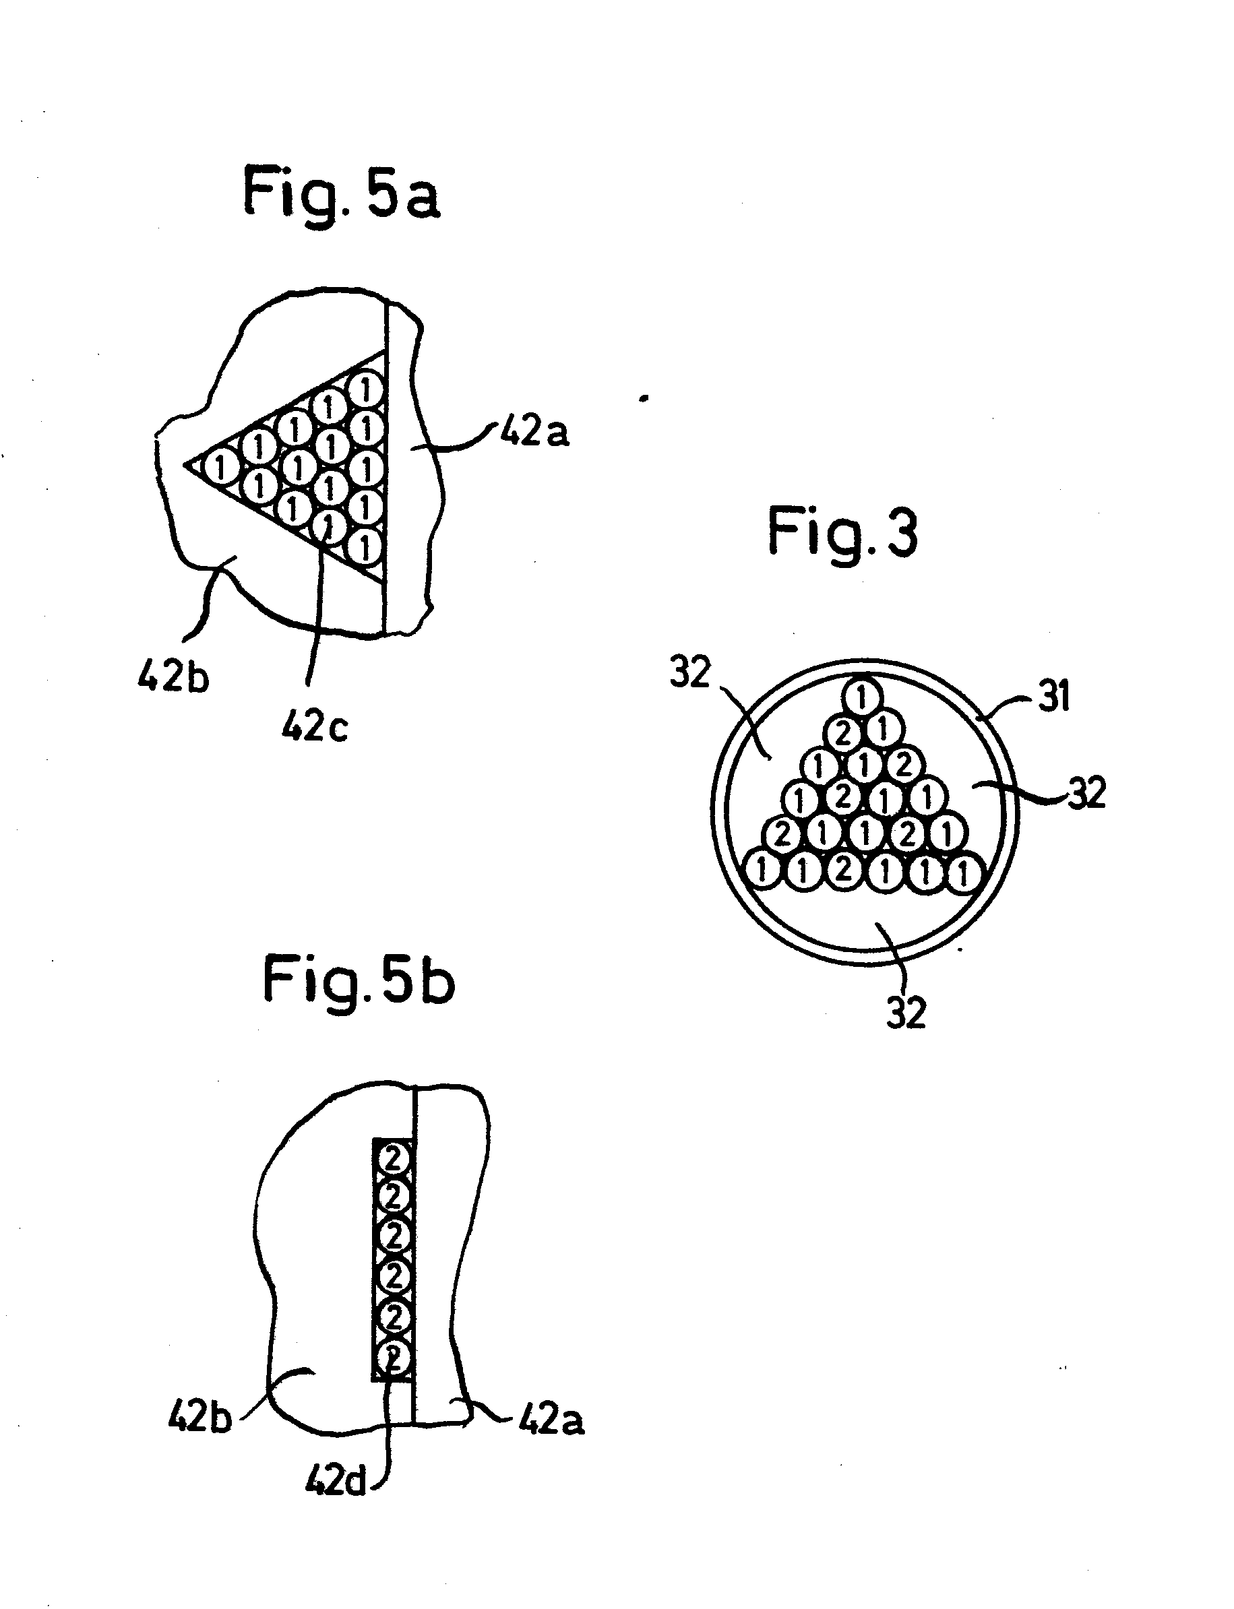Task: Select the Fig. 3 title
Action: [x=843, y=534]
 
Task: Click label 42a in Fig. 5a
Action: [x=534, y=432]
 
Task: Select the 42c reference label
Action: [x=314, y=727]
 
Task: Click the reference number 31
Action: [x=1053, y=695]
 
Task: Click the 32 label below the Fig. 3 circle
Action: [x=906, y=1013]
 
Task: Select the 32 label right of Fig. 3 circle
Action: [x=1086, y=794]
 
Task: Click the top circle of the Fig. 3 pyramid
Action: [x=863, y=694]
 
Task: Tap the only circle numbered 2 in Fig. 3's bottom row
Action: [x=843, y=871]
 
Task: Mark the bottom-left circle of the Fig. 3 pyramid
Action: [x=762, y=871]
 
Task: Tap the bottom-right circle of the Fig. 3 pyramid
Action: [x=963, y=874]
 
